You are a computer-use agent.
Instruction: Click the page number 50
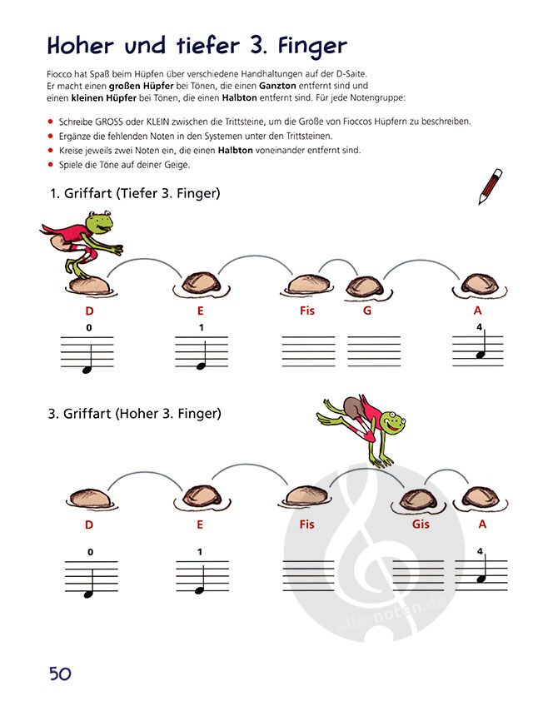[x=60, y=674]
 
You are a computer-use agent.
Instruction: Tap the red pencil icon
[x=491, y=186]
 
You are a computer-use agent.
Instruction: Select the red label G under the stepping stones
[x=367, y=311]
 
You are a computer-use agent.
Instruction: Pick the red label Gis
[x=421, y=525]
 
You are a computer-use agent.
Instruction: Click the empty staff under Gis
[x=418, y=576]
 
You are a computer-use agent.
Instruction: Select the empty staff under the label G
[x=374, y=351]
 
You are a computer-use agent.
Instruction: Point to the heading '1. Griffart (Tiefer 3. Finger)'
[x=135, y=194]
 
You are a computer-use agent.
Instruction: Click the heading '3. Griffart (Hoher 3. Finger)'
[x=134, y=414]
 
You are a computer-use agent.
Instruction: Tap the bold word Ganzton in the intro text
[x=277, y=86]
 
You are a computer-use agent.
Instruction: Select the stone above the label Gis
[x=418, y=500]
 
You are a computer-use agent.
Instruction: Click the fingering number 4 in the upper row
[x=479, y=327]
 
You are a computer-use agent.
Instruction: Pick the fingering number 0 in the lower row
[x=90, y=552]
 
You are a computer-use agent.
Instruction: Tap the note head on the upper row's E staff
[x=201, y=366]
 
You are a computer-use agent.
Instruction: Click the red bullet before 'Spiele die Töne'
[x=51, y=164]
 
